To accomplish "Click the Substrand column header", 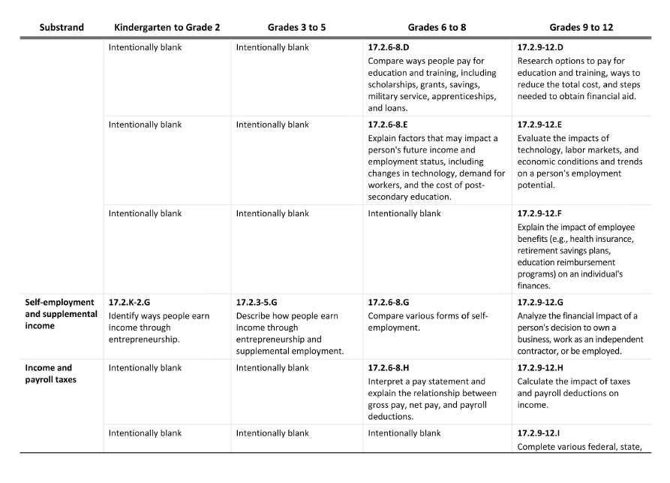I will pyautogui.click(x=62, y=28).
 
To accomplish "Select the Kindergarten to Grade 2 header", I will pyautogui.click(x=167, y=28).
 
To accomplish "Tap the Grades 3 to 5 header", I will pyautogui.click(x=296, y=28).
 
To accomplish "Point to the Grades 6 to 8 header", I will pyautogui.click(x=437, y=28).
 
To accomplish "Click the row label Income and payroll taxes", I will pyautogui.click(x=50, y=373).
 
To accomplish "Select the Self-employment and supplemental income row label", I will pyautogui.click(x=61, y=313).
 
